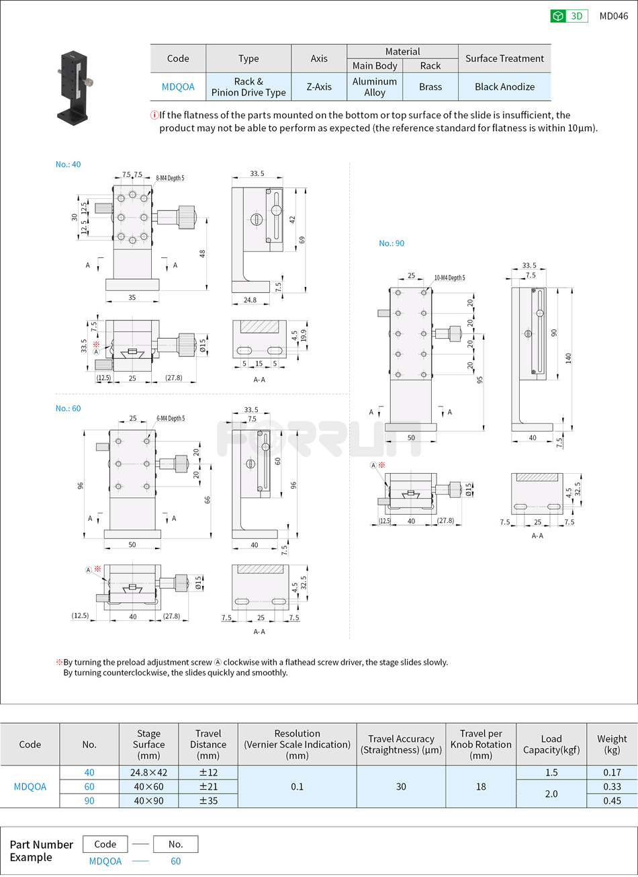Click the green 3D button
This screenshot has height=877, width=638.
(x=569, y=16)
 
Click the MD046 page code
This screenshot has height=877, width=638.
(x=613, y=16)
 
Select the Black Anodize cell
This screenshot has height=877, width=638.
(x=504, y=87)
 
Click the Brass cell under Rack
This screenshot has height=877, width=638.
(x=430, y=87)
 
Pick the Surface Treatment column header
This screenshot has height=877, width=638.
(x=504, y=58)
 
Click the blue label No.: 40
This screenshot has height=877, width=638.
(x=68, y=164)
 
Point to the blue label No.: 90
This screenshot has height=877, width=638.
(x=392, y=243)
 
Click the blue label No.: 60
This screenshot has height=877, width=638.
(x=68, y=409)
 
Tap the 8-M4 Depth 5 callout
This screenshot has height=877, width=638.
(x=170, y=178)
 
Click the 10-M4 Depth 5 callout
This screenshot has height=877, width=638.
(x=449, y=278)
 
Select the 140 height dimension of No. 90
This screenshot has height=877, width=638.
(x=568, y=358)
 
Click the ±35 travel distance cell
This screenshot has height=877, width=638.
(x=208, y=800)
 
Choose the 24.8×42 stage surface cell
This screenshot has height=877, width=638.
(x=148, y=773)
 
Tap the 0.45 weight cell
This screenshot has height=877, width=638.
(x=612, y=800)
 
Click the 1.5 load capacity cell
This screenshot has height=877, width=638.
(x=551, y=773)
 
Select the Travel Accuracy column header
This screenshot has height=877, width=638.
(x=401, y=744)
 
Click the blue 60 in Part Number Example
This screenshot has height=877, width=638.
(x=175, y=861)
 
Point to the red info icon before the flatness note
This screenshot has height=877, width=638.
(x=154, y=115)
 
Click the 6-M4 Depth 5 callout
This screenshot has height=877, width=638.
(x=171, y=419)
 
